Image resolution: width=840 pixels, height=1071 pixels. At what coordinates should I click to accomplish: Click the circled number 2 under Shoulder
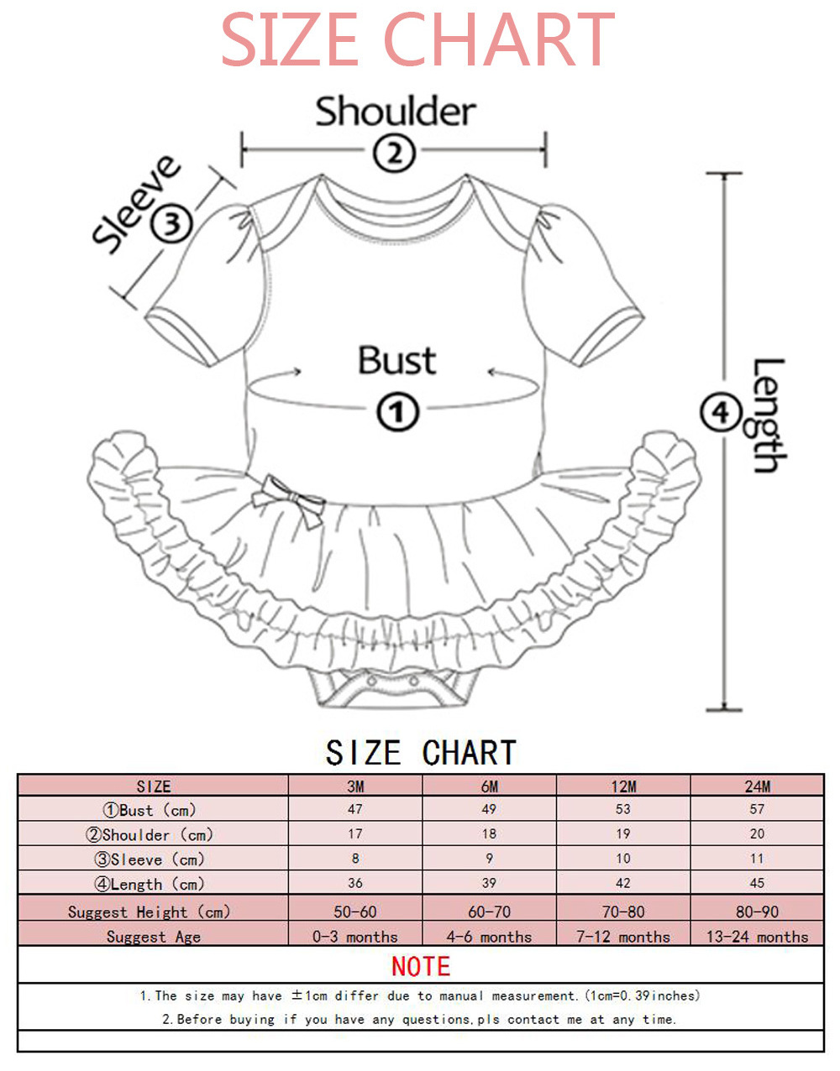(394, 153)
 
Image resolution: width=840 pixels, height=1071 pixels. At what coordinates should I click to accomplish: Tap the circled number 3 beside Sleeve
(171, 224)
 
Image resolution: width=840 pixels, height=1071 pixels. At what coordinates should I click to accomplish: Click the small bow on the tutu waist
(292, 499)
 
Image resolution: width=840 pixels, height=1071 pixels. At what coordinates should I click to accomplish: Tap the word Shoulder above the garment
(395, 112)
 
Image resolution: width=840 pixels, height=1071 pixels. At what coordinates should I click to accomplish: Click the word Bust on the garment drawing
(396, 361)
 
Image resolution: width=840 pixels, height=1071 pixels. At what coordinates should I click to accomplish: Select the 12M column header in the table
(623, 786)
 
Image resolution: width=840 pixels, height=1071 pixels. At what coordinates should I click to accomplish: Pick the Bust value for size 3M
(355, 809)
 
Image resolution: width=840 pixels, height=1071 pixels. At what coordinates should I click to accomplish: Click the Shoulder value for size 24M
(757, 833)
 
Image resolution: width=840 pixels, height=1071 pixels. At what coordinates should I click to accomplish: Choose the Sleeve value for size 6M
(489, 859)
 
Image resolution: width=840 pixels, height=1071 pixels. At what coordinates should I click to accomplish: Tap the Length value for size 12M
(623, 883)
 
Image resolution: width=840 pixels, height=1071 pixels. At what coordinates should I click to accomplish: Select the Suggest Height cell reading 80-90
(757, 912)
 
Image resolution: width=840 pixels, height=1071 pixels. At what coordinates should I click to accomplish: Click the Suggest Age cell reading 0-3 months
(355, 937)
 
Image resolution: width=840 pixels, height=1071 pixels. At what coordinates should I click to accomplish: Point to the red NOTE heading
(421, 966)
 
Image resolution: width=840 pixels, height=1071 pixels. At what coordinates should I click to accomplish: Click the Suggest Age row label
(154, 937)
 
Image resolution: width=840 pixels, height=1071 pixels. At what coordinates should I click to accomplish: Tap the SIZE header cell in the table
(154, 786)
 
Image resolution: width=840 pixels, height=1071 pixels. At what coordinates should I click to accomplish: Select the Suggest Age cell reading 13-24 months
(757, 937)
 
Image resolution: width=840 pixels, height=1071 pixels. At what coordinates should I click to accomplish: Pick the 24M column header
(757, 786)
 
